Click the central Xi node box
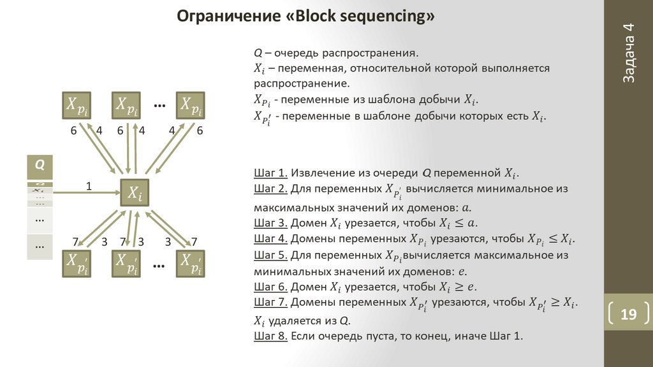pyautogui.click(x=135, y=192)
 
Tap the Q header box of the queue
pyautogui.click(x=40, y=166)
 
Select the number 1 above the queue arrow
pyautogui.click(x=89, y=185)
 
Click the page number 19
pyautogui.click(x=628, y=315)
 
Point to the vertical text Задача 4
pyautogui.click(x=628, y=53)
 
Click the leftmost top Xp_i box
pyautogui.click(x=76, y=106)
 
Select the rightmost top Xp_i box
pyautogui.click(x=190, y=106)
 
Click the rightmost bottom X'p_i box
pyautogui.click(x=191, y=263)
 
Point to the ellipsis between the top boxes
pyautogui.click(x=159, y=104)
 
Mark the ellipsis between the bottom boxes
pyautogui.click(x=159, y=263)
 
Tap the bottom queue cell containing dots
pyautogui.click(x=40, y=247)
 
